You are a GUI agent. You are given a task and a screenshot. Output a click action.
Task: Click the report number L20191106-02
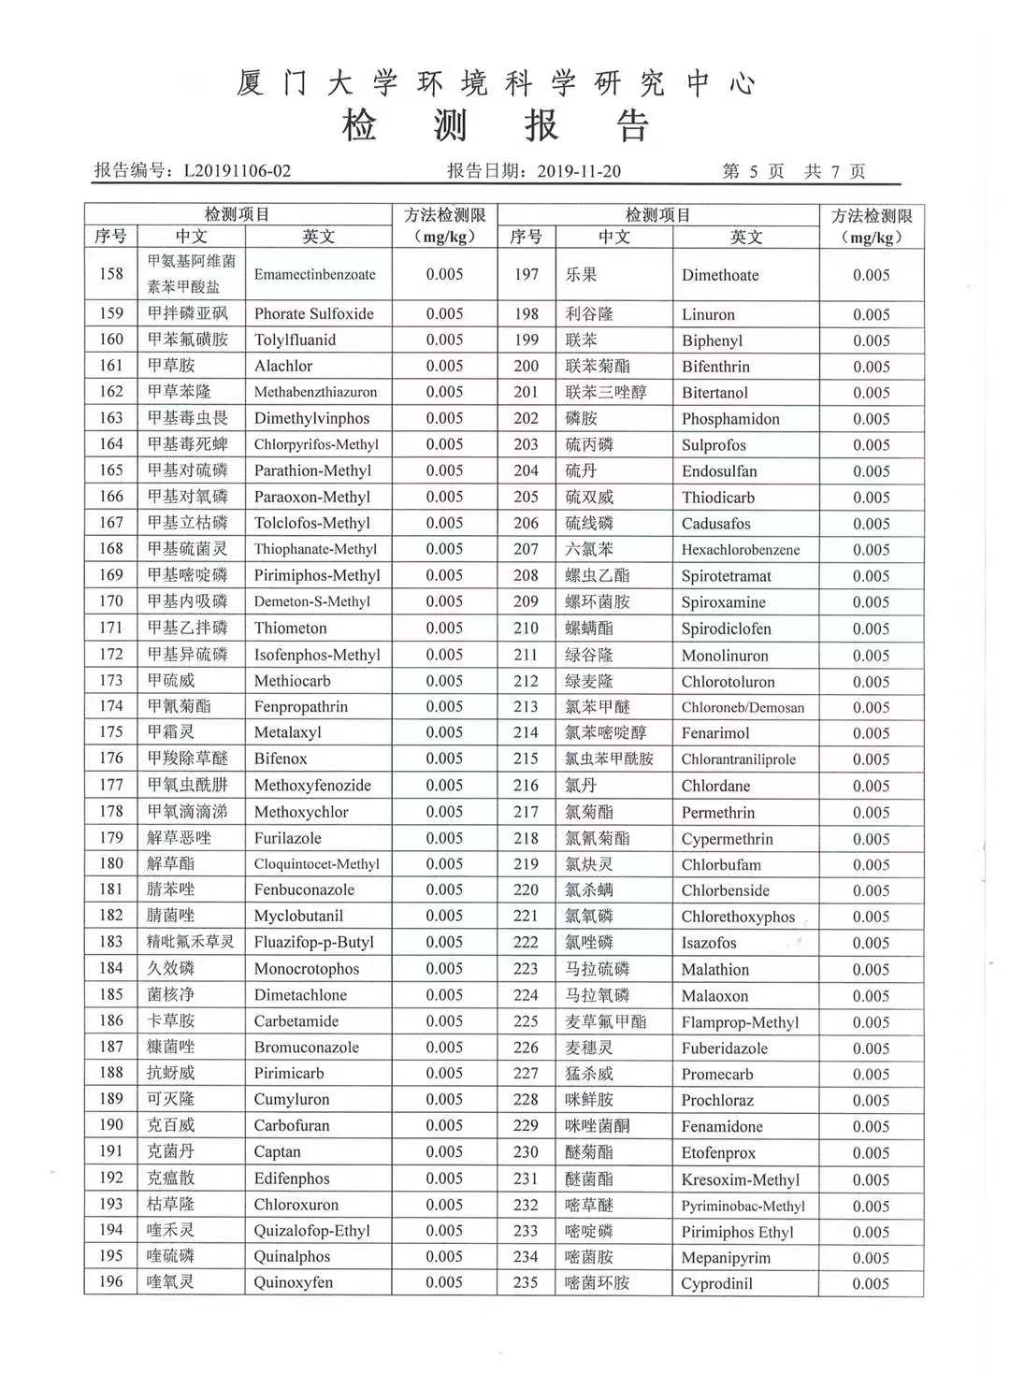tap(238, 171)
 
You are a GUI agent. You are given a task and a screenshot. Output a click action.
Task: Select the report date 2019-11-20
tap(579, 171)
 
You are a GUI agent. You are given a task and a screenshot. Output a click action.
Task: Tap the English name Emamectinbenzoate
tap(314, 275)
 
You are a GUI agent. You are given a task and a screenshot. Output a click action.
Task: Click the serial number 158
tap(111, 274)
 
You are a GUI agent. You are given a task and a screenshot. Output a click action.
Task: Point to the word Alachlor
tap(283, 366)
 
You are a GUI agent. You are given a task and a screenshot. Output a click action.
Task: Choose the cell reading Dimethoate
tap(720, 275)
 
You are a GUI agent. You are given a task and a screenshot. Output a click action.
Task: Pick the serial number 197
tap(527, 274)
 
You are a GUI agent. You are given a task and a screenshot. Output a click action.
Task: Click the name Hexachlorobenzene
tap(741, 550)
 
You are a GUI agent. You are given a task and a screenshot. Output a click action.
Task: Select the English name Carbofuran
tap(292, 1126)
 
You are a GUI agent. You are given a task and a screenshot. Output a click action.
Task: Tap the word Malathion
tap(715, 970)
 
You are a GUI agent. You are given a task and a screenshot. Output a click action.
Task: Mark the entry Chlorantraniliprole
tap(739, 759)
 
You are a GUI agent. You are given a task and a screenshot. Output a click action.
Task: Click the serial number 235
tap(527, 1283)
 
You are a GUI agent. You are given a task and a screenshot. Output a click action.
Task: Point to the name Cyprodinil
tap(716, 1283)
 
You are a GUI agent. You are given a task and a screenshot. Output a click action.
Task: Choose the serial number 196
tap(111, 1282)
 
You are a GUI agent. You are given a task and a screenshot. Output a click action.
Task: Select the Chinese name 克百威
tap(171, 1125)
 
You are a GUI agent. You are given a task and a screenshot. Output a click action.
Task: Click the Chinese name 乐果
tap(581, 275)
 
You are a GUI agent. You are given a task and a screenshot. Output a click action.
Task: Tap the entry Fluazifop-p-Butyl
tap(314, 943)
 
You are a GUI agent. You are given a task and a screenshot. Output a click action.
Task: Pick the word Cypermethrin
tap(728, 839)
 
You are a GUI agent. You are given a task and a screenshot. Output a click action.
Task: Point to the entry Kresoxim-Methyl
tap(741, 1179)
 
